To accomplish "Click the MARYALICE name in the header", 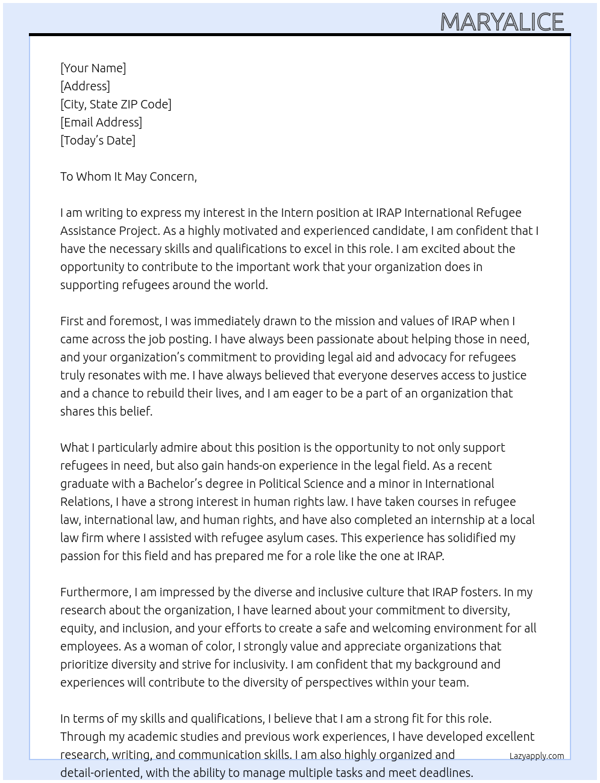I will [502, 22].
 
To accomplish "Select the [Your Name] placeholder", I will [93, 68].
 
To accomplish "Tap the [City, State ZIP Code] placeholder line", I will [116, 104].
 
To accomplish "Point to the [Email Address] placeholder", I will [101, 122].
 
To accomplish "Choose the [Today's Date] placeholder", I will [98, 140].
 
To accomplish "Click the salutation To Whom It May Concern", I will [128, 176].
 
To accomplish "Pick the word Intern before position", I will [297, 213].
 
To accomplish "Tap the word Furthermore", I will [95, 592].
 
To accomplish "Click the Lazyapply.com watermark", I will [537, 756].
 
